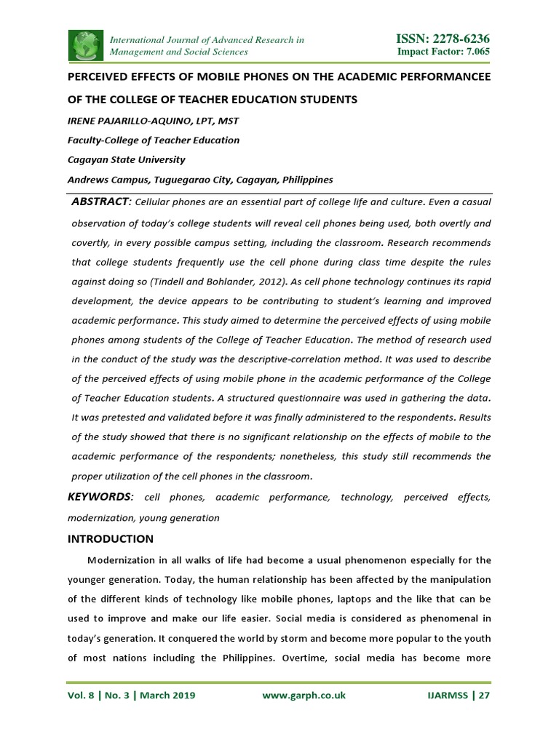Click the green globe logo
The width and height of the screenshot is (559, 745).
86,45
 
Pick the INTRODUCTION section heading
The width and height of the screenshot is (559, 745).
110,539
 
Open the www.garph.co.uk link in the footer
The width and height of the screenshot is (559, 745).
304,696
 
